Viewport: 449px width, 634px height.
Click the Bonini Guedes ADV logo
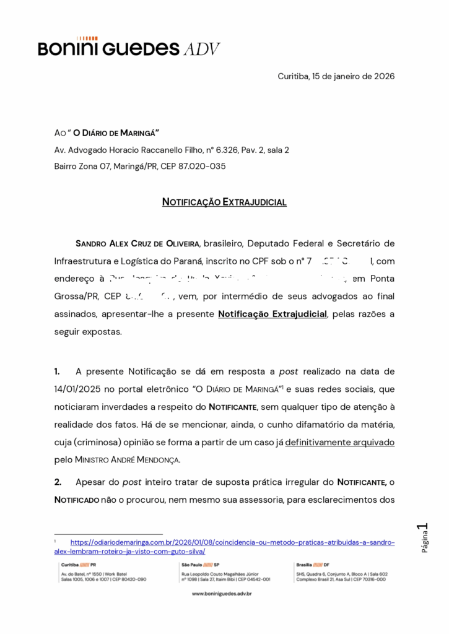[x=129, y=48]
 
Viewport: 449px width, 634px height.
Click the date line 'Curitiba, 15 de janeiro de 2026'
[x=336, y=76]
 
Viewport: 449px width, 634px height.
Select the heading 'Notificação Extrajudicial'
[x=224, y=202]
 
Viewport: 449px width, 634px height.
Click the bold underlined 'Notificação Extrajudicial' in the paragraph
[x=272, y=314]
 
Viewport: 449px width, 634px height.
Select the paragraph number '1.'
[x=57, y=371]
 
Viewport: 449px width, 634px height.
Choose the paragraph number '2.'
[x=58, y=482]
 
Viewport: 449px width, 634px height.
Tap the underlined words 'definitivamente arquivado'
[x=339, y=443]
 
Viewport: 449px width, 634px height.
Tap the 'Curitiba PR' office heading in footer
[x=78, y=565]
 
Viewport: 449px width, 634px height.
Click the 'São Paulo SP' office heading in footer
[x=196, y=565]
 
